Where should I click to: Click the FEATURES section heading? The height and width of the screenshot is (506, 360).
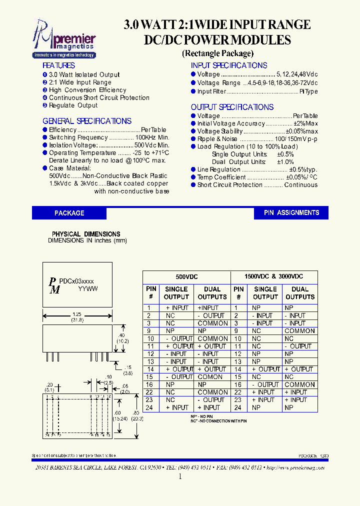click(x=58, y=65)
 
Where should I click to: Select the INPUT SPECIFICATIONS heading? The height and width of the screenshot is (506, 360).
click(x=229, y=65)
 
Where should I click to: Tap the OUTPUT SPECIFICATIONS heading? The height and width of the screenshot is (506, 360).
click(x=232, y=107)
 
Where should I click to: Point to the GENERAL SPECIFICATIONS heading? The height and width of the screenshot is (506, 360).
click(x=87, y=121)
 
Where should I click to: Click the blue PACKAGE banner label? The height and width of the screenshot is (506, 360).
click(x=69, y=213)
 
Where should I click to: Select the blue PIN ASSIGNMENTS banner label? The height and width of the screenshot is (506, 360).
click(x=291, y=212)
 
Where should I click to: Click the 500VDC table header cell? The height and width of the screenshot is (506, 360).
click(x=186, y=276)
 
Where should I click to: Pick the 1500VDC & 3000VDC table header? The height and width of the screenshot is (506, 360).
click(x=273, y=276)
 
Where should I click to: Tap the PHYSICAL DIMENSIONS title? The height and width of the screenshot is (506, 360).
click(x=86, y=234)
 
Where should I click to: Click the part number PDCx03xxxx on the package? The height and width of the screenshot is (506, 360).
click(x=76, y=282)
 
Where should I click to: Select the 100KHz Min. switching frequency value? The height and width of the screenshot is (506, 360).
click(x=152, y=137)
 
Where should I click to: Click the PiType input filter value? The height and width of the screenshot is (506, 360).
click(x=308, y=91)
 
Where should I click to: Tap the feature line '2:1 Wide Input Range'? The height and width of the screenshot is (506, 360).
click(x=80, y=82)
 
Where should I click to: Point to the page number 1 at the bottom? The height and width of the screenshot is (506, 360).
click(x=180, y=476)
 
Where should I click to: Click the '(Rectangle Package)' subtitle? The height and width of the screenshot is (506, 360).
click(x=217, y=53)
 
